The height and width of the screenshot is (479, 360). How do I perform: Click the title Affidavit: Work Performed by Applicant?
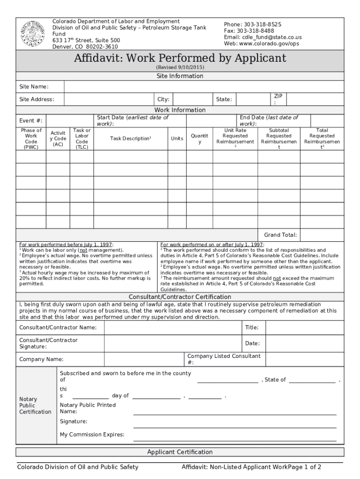[x=180, y=58]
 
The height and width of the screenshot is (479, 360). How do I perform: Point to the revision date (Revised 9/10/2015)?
[x=180, y=67]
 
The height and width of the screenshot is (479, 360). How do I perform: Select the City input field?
[x=191, y=99]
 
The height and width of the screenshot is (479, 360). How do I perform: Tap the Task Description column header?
[x=130, y=139]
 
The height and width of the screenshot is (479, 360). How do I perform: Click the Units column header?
[x=177, y=139]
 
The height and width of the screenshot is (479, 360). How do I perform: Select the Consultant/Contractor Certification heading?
[x=180, y=297]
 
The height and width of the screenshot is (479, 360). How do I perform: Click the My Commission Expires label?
[x=92, y=435]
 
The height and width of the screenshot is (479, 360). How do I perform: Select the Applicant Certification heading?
[x=180, y=452]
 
